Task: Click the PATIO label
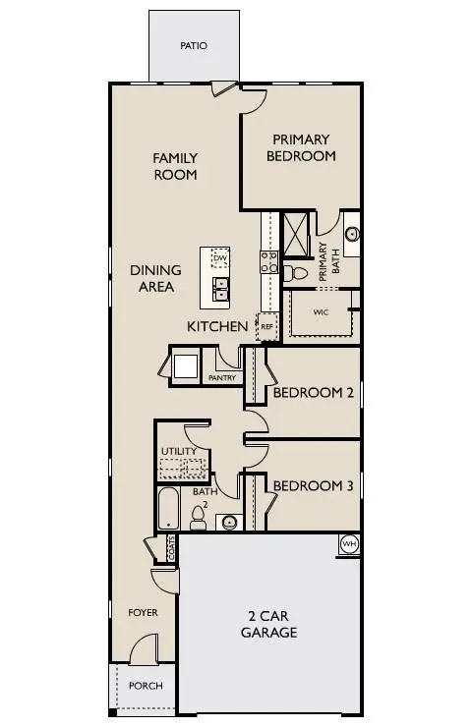(x=194, y=45)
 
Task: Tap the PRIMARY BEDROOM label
(x=301, y=147)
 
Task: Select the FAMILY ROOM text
(x=175, y=166)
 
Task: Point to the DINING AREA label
(x=155, y=278)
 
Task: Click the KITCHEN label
(x=217, y=326)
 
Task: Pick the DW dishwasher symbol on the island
(x=220, y=258)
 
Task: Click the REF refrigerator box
(x=265, y=327)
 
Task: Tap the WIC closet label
(x=320, y=313)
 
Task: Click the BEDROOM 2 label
(x=313, y=393)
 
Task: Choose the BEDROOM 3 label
(x=313, y=485)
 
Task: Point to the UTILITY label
(x=178, y=451)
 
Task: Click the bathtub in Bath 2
(x=169, y=510)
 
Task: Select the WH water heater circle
(x=348, y=544)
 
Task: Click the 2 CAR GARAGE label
(x=268, y=625)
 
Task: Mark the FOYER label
(x=144, y=612)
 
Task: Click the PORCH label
(x=147, y=686)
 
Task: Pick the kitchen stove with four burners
(x=266, y=261)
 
